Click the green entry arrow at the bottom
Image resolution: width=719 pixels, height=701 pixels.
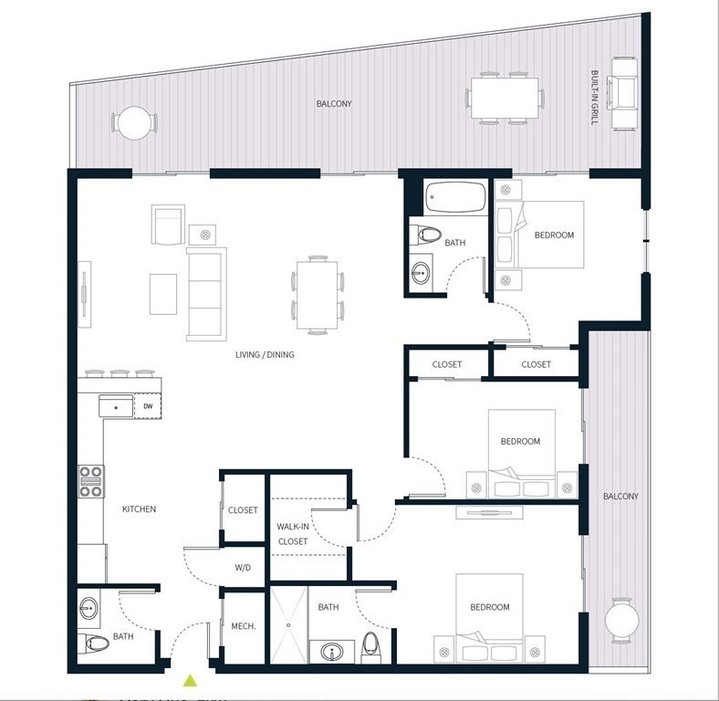click(x=190, y=679)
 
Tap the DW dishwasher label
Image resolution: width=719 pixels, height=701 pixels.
click(x=148, y=406)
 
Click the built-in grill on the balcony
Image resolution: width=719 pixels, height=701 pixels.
click(x=625, y=92)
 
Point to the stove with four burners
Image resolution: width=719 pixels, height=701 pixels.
click(x=91, y=481)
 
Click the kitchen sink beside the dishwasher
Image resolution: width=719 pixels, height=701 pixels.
click(x=116, y=406)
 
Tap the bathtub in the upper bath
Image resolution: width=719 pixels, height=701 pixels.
click(x=456, y=197)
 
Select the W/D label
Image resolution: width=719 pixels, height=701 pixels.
click(x=243, y=568)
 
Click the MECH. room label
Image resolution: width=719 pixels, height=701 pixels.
click(x=243, y=626)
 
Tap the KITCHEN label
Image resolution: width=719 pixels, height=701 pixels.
click(x=139, y=509)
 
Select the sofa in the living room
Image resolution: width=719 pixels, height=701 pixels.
click(x=206, y=293)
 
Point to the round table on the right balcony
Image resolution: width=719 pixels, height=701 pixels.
click(x=622, y=620)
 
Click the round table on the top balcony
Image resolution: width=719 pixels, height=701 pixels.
click(x=134, y=122)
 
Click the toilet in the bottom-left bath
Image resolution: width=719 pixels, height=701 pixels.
click(x=97, y=644)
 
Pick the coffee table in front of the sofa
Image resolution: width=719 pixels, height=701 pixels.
click(x=163, y=294)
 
